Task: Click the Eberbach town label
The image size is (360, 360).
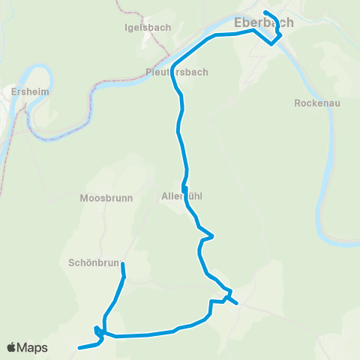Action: (x=263, y=23)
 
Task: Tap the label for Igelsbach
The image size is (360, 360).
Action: (x=148, y=27)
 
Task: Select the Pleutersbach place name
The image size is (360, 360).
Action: (x=177, y=72)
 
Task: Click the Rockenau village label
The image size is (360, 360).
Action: (x=317, y=103)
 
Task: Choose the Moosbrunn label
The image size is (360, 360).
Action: (x=106, y=199)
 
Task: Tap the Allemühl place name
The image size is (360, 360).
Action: (x=182, y=196)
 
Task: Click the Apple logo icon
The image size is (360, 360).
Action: (x=13, y=348)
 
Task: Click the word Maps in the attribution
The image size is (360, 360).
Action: (x=33, y=348)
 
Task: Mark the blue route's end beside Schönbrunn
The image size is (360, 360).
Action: (x=122, y=264)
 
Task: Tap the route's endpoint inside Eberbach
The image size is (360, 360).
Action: (x=266, y=12)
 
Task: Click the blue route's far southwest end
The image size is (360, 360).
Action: (x=79, y=348)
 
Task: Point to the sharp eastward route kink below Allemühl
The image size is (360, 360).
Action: (x=214, y=236)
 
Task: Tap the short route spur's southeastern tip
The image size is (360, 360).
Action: (x=237, y=304)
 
